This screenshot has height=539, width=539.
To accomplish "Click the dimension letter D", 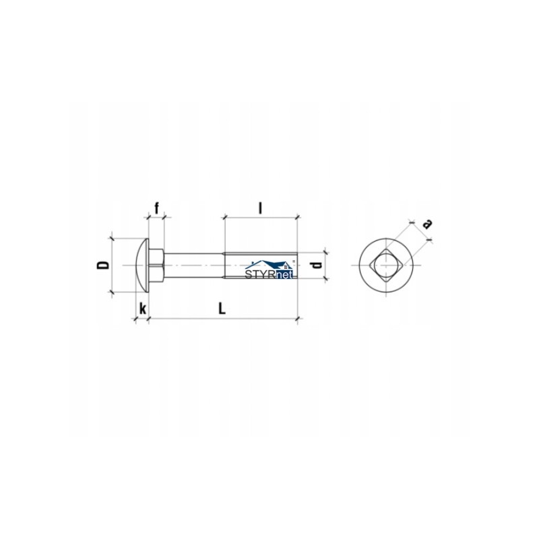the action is pyautogui.click(x=103, y=265).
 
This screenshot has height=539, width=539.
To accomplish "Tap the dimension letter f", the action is pyautogui.click(x=157, y=208).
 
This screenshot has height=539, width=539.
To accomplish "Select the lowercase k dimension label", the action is pyautogui.click(x=142, y=309).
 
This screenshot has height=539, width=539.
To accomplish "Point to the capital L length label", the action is pyautogui.click(x=222, y=309).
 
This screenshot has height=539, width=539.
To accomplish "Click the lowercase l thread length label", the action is pyautogui.click(x=260, y=208).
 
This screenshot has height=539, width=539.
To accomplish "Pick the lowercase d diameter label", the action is pyautogui.click(x=316, y=265).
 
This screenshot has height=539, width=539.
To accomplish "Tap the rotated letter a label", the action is pyautogui.click(x=426, y=224).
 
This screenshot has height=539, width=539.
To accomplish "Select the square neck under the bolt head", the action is pyautogui.click(x=156, y=265).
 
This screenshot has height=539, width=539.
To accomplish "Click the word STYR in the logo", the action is pyautogui.click(x=261, y=274).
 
